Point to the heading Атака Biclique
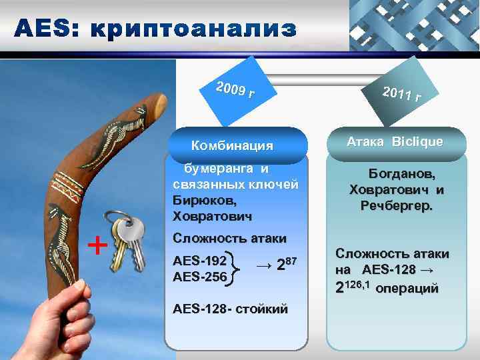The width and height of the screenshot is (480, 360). click(394, 141)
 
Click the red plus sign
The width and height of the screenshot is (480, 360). click(97, 246)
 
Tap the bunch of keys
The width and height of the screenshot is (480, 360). click(129, 240)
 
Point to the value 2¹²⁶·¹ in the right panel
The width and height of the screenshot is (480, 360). click(351, 289)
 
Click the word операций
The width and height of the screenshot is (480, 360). click(407, 289)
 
